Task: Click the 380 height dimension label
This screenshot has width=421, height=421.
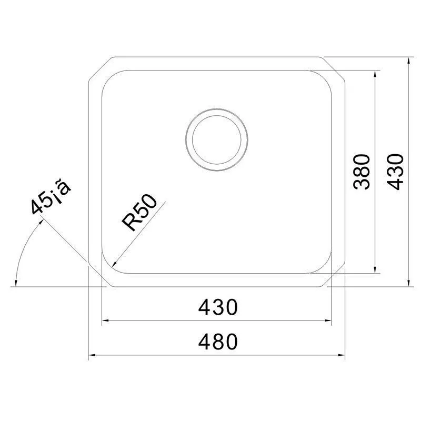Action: click(362, 172)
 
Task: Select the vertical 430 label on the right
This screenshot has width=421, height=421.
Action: click(395, 172)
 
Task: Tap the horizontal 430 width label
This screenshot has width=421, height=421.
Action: click(218, 307)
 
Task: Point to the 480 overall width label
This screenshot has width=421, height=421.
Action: click(218, 342)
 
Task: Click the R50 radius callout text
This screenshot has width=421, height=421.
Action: click(139, 213)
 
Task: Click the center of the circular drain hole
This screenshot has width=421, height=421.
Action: click(216, 139)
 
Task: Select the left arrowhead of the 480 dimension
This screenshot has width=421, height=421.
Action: click(92, 355)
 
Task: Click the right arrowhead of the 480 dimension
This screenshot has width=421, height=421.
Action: click(342, 355)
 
